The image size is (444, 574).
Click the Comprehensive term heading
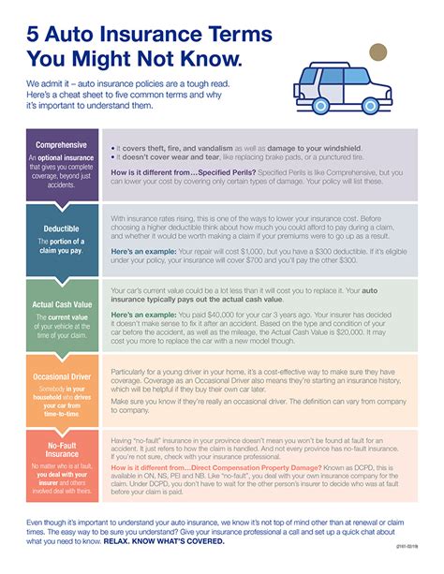point(62,145)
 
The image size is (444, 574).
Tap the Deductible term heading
point(62,228)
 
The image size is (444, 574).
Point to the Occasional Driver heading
point(62,376)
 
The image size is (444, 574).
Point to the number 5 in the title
point(36,35)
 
